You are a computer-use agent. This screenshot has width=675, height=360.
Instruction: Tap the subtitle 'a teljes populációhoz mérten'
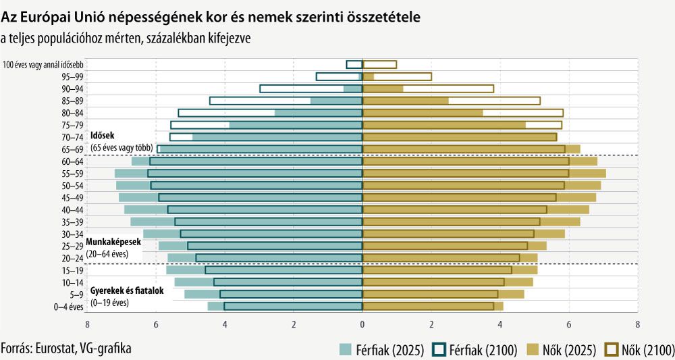click(126, 38)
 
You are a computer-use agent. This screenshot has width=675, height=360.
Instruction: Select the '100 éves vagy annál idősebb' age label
click(43, 65)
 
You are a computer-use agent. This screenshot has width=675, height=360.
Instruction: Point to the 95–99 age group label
click(73, 76)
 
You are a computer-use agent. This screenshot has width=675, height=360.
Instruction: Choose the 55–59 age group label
click(73, 173)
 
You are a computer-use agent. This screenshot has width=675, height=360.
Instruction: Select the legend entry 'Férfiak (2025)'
click(381, 349)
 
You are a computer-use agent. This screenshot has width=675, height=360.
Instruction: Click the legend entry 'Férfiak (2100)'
click(475, 349)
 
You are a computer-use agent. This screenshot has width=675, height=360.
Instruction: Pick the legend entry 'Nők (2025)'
click(562, 349)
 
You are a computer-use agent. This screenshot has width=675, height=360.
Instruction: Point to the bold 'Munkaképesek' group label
click(113, 242)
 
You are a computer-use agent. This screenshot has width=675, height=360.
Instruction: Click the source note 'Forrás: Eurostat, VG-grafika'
click(66, 349)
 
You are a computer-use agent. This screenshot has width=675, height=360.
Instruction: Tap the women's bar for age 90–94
click(428, 88)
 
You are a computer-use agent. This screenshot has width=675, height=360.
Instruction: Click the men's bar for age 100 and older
click(354, 64)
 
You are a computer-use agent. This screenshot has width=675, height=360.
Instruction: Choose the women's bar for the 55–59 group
click(483, 173)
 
